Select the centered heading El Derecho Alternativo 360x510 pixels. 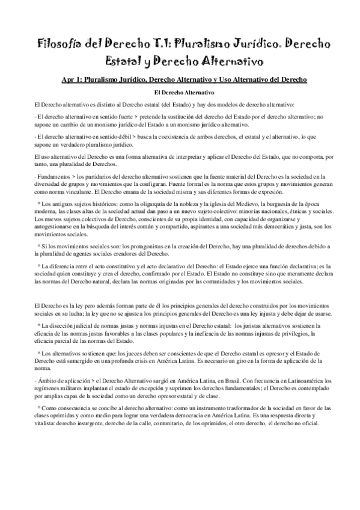click(180, 93)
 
